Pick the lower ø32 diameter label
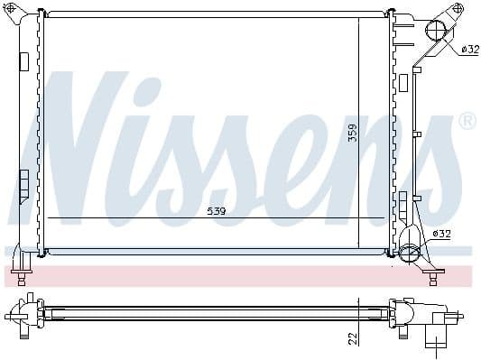click(441, 234)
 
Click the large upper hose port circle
click(435, 32)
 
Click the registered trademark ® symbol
click(467, 120)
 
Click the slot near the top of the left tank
click(24, 61)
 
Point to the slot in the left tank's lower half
click(24, 179)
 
